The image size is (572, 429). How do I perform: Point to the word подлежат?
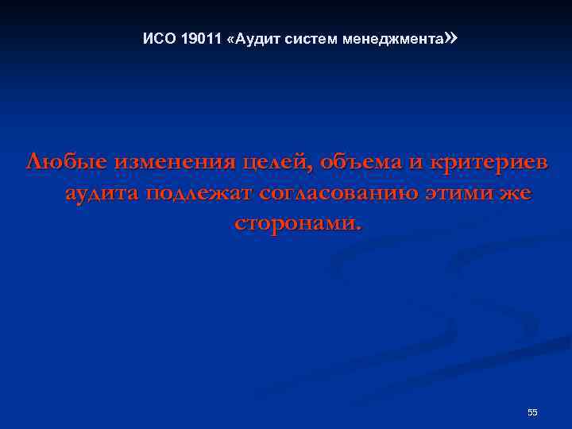pos(197,195)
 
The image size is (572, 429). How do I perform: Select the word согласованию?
pos(332,195)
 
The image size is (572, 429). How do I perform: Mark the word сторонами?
pos(297,223)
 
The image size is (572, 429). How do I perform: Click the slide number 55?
pos(532,412)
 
